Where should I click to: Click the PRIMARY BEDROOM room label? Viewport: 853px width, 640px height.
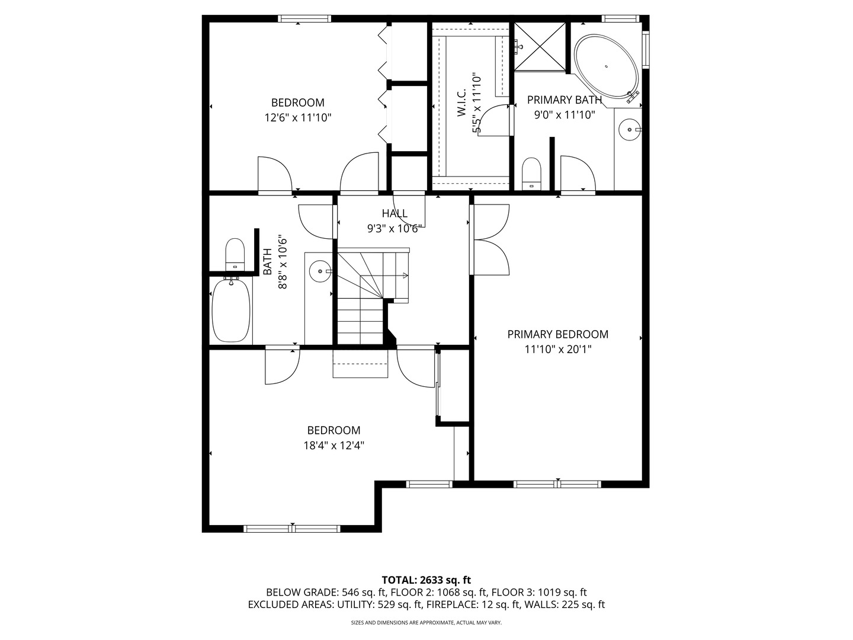click(557, 334)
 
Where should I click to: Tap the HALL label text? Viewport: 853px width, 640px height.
click(395, 213)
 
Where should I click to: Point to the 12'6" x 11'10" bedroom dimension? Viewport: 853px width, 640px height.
click(298, 117)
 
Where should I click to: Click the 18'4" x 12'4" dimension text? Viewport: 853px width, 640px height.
click(334, 445)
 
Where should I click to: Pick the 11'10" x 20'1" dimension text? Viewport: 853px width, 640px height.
click(557, 350)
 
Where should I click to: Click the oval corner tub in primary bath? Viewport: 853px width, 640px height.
click(606, 67)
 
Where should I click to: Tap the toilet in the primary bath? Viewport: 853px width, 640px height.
click(531, 174)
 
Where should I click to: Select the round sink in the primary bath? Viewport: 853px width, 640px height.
click(628, 130)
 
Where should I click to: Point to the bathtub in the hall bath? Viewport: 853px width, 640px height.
click(231, 310)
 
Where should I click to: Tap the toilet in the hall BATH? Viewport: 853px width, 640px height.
click(235, 254)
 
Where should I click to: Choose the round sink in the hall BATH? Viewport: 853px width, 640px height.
click(320, 271)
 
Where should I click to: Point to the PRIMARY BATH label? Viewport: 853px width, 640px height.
click(565, 100)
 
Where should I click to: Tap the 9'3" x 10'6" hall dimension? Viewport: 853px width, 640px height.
click(395, 229)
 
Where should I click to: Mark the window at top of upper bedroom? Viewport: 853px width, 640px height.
click(304, 18)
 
